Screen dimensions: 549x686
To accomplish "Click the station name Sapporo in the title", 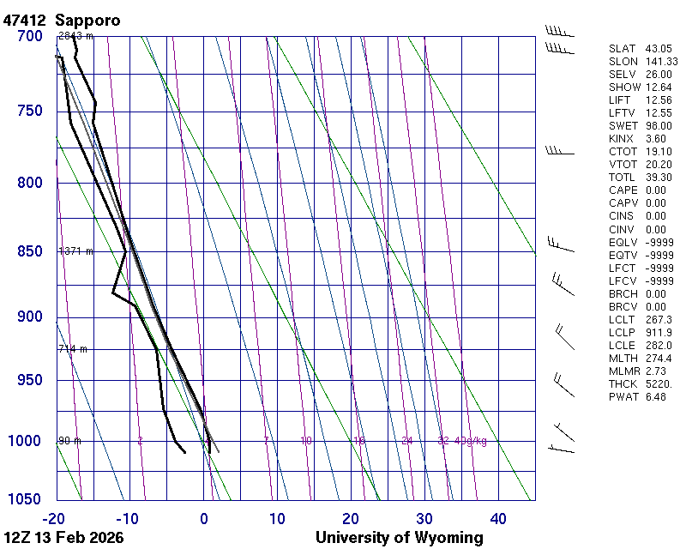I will point(87,20).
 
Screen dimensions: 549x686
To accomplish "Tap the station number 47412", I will point(26,20).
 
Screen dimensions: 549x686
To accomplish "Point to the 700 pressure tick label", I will point(29,36).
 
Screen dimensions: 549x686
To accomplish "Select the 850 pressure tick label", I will point(29,252).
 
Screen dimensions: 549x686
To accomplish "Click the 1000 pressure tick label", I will point(26,441).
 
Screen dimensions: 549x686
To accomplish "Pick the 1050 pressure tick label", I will point(26,500).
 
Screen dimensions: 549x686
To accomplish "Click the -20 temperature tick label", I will point(53,518).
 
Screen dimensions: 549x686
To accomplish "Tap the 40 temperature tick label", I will point(498,518).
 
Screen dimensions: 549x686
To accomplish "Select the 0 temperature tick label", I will point(204,518).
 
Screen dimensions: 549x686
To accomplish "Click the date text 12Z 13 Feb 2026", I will point(63,538).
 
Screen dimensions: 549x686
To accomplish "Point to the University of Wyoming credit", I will point(399,538).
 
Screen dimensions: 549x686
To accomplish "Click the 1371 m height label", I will point(75,251).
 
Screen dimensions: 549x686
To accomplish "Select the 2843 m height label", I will point(75,36).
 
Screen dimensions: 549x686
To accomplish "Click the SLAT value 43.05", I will point(659,49).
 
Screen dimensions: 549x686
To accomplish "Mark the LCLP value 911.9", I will point(659,332).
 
